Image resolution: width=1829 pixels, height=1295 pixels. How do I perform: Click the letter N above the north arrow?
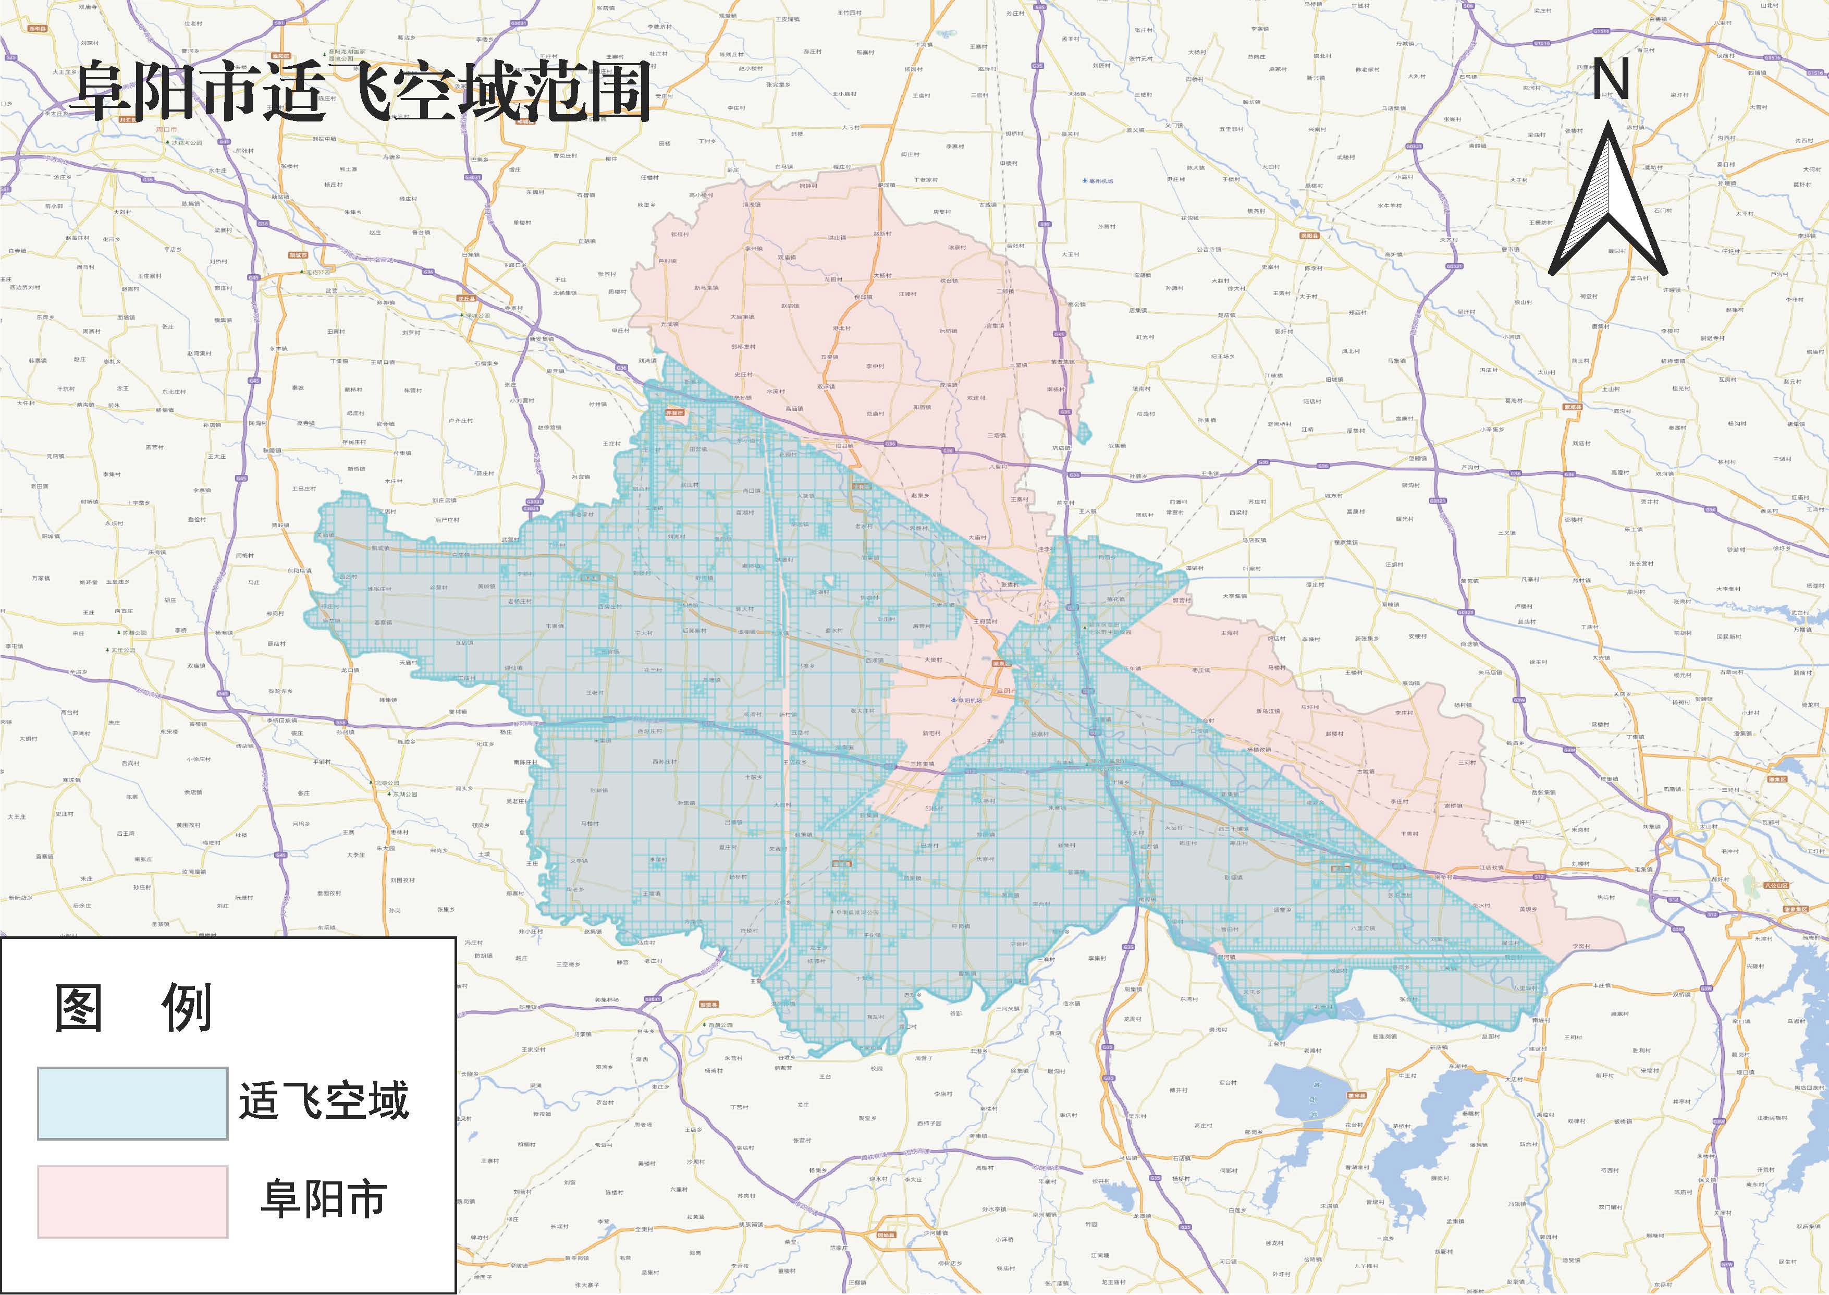(x=1610, y=80)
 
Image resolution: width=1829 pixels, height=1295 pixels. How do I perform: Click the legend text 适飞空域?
(x=324, y=1101)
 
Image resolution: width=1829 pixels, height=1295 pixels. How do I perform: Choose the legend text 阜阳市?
(x=324, y=1199)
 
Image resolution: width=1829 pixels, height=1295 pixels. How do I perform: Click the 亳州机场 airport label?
(x=1101, y=181)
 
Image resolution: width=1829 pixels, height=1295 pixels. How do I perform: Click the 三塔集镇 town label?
(x=923, y=764)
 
